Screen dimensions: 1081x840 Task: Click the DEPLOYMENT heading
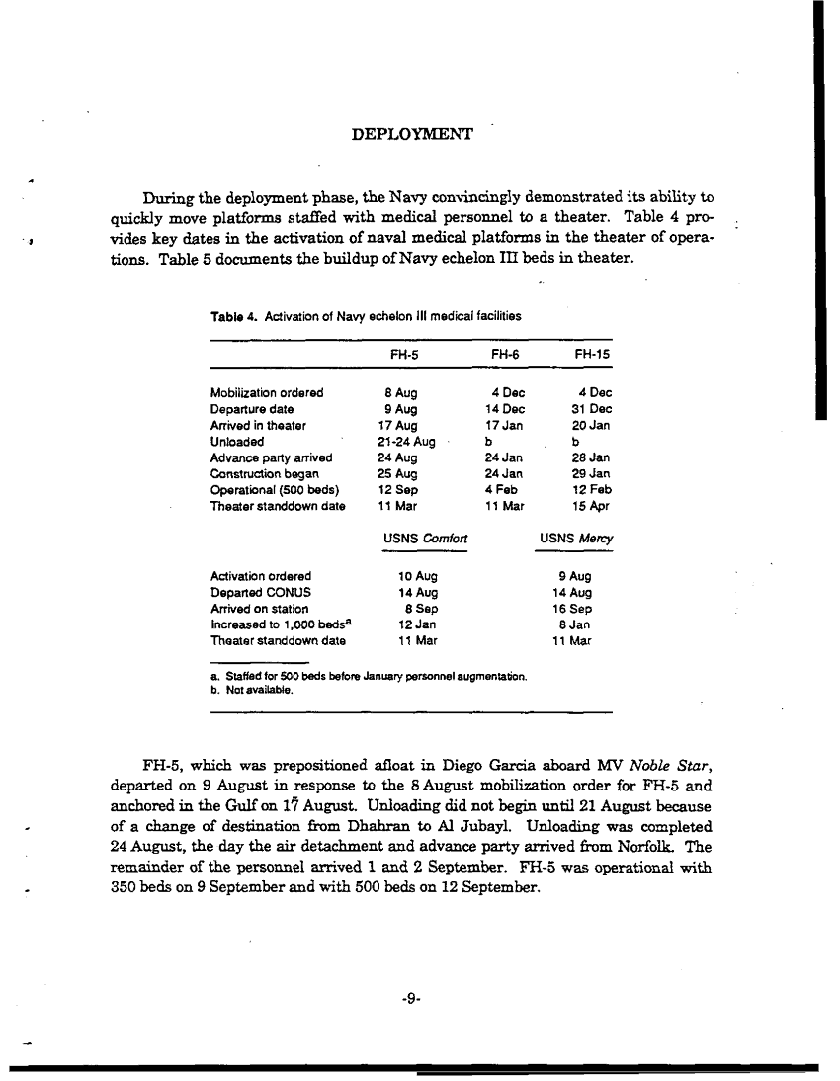pos(412,134)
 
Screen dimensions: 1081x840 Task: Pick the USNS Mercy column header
pos(576,539)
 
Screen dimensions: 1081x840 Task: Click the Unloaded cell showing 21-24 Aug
pos(399,441)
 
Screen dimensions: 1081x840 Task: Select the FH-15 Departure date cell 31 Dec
pos(592,409)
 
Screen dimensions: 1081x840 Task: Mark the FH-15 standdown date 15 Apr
pos(594,506)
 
